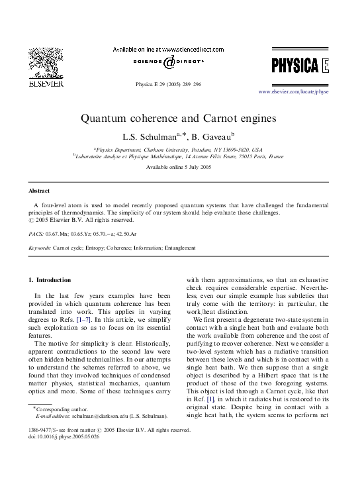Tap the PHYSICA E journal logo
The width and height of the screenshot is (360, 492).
tap(298, 65)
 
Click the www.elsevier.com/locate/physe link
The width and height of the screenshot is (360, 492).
tap(293, 91)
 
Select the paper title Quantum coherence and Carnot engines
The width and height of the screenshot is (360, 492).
tap(179, 119)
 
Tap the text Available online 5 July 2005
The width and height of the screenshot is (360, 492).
tap(179, 167)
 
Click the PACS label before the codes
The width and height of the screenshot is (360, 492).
tap(36, 234)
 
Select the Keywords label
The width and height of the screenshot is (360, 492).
tap(40, 248)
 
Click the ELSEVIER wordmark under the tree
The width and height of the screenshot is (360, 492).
tap(45, 84)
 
